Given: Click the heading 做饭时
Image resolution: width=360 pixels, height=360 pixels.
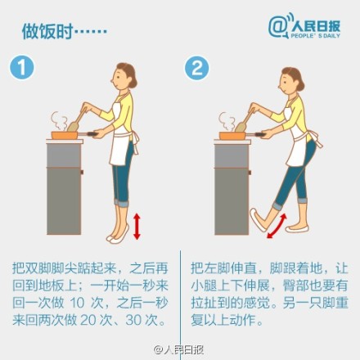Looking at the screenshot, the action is click(x=47, y=31).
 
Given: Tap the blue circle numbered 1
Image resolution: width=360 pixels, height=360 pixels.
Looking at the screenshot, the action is click(x=22, y=68).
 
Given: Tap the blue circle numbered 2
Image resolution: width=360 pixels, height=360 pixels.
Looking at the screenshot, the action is click(x=196, y=68).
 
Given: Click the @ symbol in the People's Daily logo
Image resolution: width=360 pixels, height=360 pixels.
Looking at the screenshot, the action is click(x=277, y=27).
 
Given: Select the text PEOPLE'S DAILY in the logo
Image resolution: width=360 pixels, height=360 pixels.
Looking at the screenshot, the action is click(x=315, y=36).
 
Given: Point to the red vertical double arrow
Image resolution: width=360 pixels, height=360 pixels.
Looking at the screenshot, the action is click(x=137, y=227).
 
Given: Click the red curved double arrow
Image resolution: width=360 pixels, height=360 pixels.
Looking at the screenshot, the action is click(x=277, y=226).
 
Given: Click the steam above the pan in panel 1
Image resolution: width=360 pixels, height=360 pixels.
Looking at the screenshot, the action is click(x=60, y=121).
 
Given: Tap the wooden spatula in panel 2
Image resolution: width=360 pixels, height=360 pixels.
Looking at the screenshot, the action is click(x=245, y=120).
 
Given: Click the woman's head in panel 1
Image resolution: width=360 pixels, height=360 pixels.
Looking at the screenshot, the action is click(x=124, y=76).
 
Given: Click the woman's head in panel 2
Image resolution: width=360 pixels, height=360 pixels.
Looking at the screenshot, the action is click(x=291, y=80).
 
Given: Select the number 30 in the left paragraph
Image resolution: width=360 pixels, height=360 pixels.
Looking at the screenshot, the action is click(x=133, y=320).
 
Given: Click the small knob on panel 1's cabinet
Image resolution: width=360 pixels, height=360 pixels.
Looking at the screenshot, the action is click(x=82, y=172).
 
